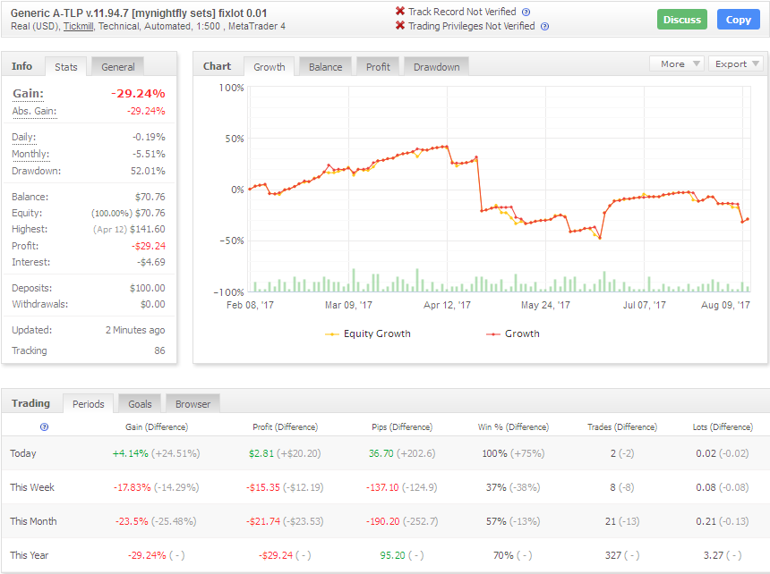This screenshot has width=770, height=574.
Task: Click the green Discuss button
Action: click(x=682, y=20)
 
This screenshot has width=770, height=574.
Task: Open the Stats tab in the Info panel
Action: click(x=65, y=67)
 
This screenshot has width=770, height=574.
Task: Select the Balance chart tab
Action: click(x=325, y=67)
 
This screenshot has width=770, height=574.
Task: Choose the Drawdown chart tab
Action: click(x=437, y=67)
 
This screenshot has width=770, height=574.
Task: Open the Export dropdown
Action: click(x=736, y=63)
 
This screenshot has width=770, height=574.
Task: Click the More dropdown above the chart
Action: click(x=677, y=63)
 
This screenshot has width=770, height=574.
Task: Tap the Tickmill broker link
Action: click(x=78, y=27)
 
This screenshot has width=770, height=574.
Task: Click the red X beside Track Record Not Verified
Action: click(x=400, y=12)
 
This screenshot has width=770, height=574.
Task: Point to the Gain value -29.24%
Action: click(x=138, y=94)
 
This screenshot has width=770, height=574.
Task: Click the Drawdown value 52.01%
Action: click(x=148, y=171)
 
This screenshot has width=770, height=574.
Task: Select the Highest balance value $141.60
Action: click(x=148, y=229)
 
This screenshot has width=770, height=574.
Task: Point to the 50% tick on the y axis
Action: click(x=235, y=139)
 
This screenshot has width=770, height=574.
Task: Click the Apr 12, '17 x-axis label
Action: click(x=447, y=305)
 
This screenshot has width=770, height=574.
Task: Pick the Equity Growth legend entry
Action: click(x=368, y=333)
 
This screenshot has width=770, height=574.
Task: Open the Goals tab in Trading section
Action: click(x=140, y=404)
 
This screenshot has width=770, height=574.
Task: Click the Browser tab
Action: click(x=192, y=404)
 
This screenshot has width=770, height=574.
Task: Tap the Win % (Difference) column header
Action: click(x=513, y=427)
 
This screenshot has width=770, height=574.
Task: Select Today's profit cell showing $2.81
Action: click(x=261, y=453)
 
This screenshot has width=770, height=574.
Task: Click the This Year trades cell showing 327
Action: click(x=613, y=555)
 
